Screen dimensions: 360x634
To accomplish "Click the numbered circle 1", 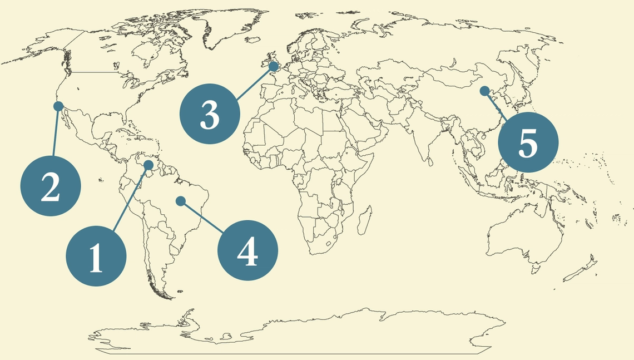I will pos(96,257).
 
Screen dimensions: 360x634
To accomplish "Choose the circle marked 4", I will pos(247,251).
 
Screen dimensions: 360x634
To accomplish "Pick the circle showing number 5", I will pos(527,142).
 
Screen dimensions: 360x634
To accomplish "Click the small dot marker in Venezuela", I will pos(148,165).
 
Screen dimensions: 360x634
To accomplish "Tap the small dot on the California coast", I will pos(57,106).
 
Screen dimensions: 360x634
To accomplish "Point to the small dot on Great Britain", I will pos(274,67).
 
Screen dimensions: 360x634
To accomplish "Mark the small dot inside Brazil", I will pos(181,201).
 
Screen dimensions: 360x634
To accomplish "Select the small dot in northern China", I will pos(484,90).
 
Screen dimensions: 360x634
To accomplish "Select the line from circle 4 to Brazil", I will pos(202,216).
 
